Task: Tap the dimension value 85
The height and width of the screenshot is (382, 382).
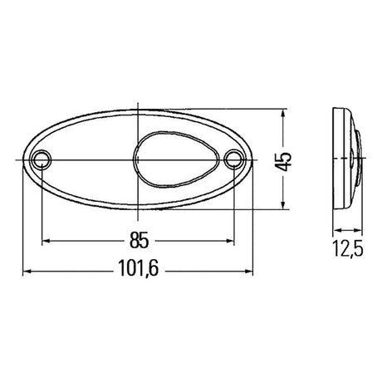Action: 139,241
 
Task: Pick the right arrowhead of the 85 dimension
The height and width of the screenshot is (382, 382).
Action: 232,241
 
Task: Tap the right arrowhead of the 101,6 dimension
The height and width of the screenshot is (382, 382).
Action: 251,270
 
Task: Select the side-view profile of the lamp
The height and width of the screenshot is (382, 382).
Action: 346,159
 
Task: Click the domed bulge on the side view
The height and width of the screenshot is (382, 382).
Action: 358,159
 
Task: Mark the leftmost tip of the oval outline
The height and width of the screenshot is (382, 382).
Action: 22,159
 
